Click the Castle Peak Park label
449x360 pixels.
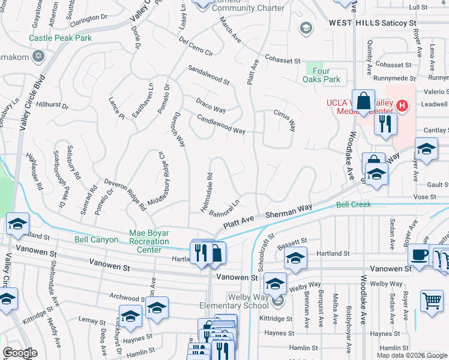(x=61, y=38)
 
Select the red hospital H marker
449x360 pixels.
(x=402, y=106)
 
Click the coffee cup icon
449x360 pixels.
(x=418, y=254)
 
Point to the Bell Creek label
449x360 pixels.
(x=354, y=205)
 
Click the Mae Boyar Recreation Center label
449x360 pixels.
(x=153, y=242)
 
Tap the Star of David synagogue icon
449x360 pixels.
(x=39, y=56)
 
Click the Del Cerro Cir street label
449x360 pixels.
(x=196, y=47)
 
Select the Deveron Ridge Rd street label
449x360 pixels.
(x=125, y=193)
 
